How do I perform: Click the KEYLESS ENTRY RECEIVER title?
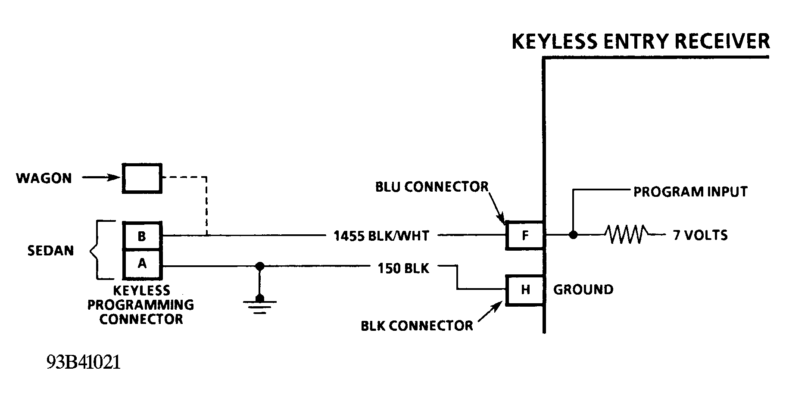point(640,41)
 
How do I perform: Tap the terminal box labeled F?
point(525,235)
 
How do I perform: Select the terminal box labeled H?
point(525,290)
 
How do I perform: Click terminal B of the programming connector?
point(142,236)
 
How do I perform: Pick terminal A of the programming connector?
point(142,264)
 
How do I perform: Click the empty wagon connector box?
point(142,178)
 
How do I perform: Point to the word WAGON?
point(44,178)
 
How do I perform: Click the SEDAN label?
point(50,251)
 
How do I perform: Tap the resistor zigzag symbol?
point(626,235)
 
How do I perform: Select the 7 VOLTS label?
point(700,235)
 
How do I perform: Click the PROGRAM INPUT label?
point(690,192)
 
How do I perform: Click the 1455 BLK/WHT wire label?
point(381,236)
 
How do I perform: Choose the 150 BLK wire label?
point(403,268)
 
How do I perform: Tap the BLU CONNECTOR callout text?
point(432,187)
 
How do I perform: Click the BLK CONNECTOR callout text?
point(417,326)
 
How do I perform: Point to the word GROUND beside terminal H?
point(583,289)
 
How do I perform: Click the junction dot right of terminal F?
point(573,235)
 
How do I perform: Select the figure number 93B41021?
point(84,363)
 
